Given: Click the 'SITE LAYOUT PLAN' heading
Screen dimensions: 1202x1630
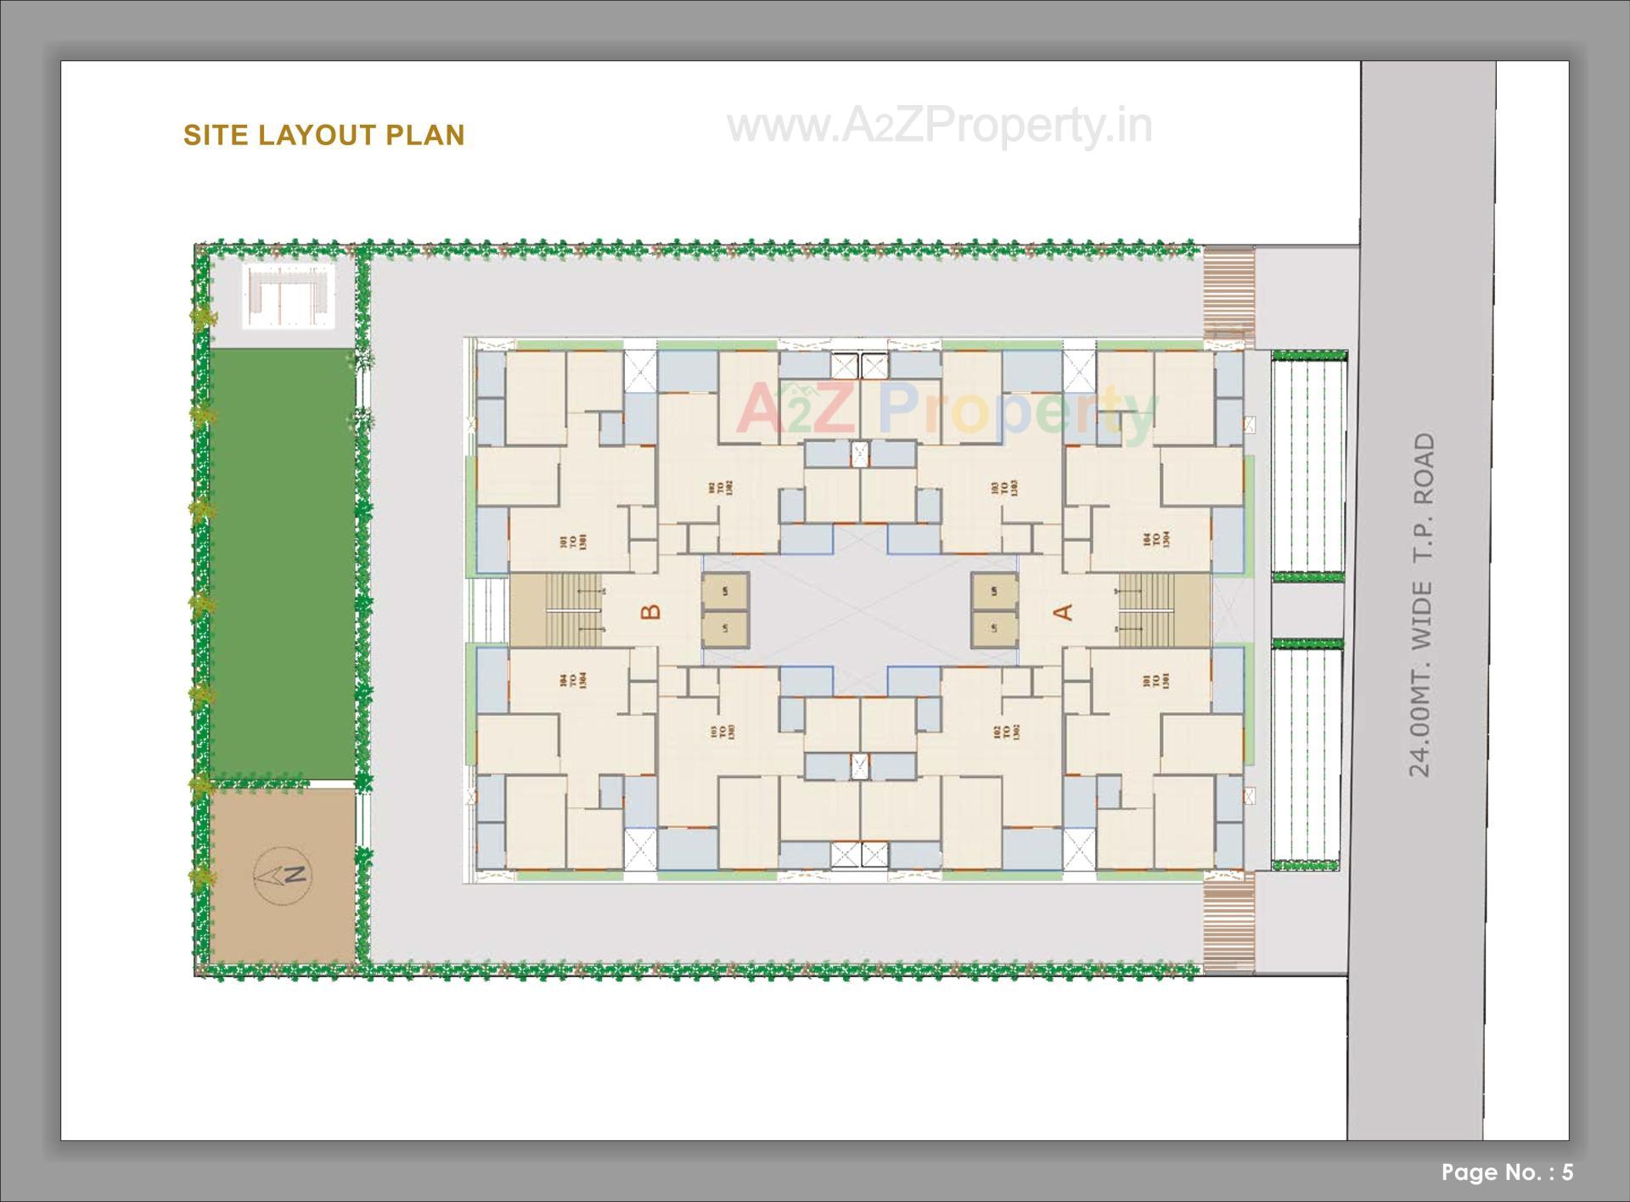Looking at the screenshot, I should pos(323,135).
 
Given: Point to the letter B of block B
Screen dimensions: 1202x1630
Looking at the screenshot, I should pos(650,611).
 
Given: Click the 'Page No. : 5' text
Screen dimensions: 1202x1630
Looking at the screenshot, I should pos(1507,1171).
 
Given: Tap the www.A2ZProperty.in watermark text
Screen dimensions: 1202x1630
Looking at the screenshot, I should pos(939,126).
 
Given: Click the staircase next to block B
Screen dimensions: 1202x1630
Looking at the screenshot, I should pos(556,609).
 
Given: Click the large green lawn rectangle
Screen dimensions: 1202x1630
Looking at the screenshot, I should pos(282,564).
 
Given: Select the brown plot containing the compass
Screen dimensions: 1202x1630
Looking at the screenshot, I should pos(282,874).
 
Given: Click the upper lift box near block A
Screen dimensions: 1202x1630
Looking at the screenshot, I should pos(994,592).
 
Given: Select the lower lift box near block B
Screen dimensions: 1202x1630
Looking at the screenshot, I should pos(725,629).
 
